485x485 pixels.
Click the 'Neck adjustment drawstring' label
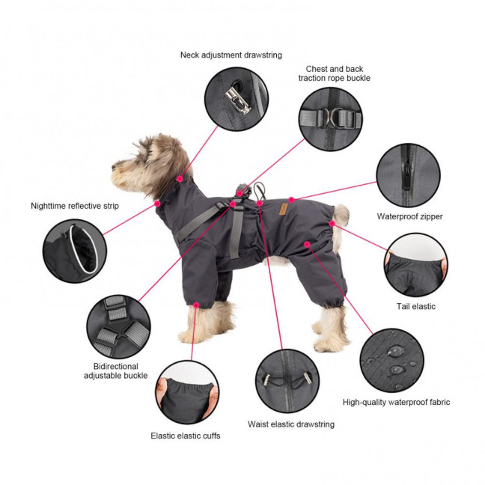pyautogui.click(x=229, y=55)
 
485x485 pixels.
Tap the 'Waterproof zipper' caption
pyautogui.click(x=409, y=217)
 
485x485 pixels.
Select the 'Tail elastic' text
pyautogui.click(x=415, y=306)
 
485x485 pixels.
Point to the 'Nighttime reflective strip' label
pyautogui.click(x=75, y=206)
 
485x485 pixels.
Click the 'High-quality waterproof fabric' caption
pyautogui.click(x=396, y=402)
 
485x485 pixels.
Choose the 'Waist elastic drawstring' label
pyautogui.click(x=291, y=424)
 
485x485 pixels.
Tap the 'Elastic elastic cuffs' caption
pyautogui.click(x=186, y=436)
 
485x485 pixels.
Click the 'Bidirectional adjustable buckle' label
pyautogui.click(x=116, y=370)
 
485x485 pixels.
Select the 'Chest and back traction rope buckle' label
pyautogui.click(x=334, y=73)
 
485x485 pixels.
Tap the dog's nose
pyautogui.click(x=114, y=168)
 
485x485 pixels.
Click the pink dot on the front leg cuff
pyautogui.click(x=196, y=305)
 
